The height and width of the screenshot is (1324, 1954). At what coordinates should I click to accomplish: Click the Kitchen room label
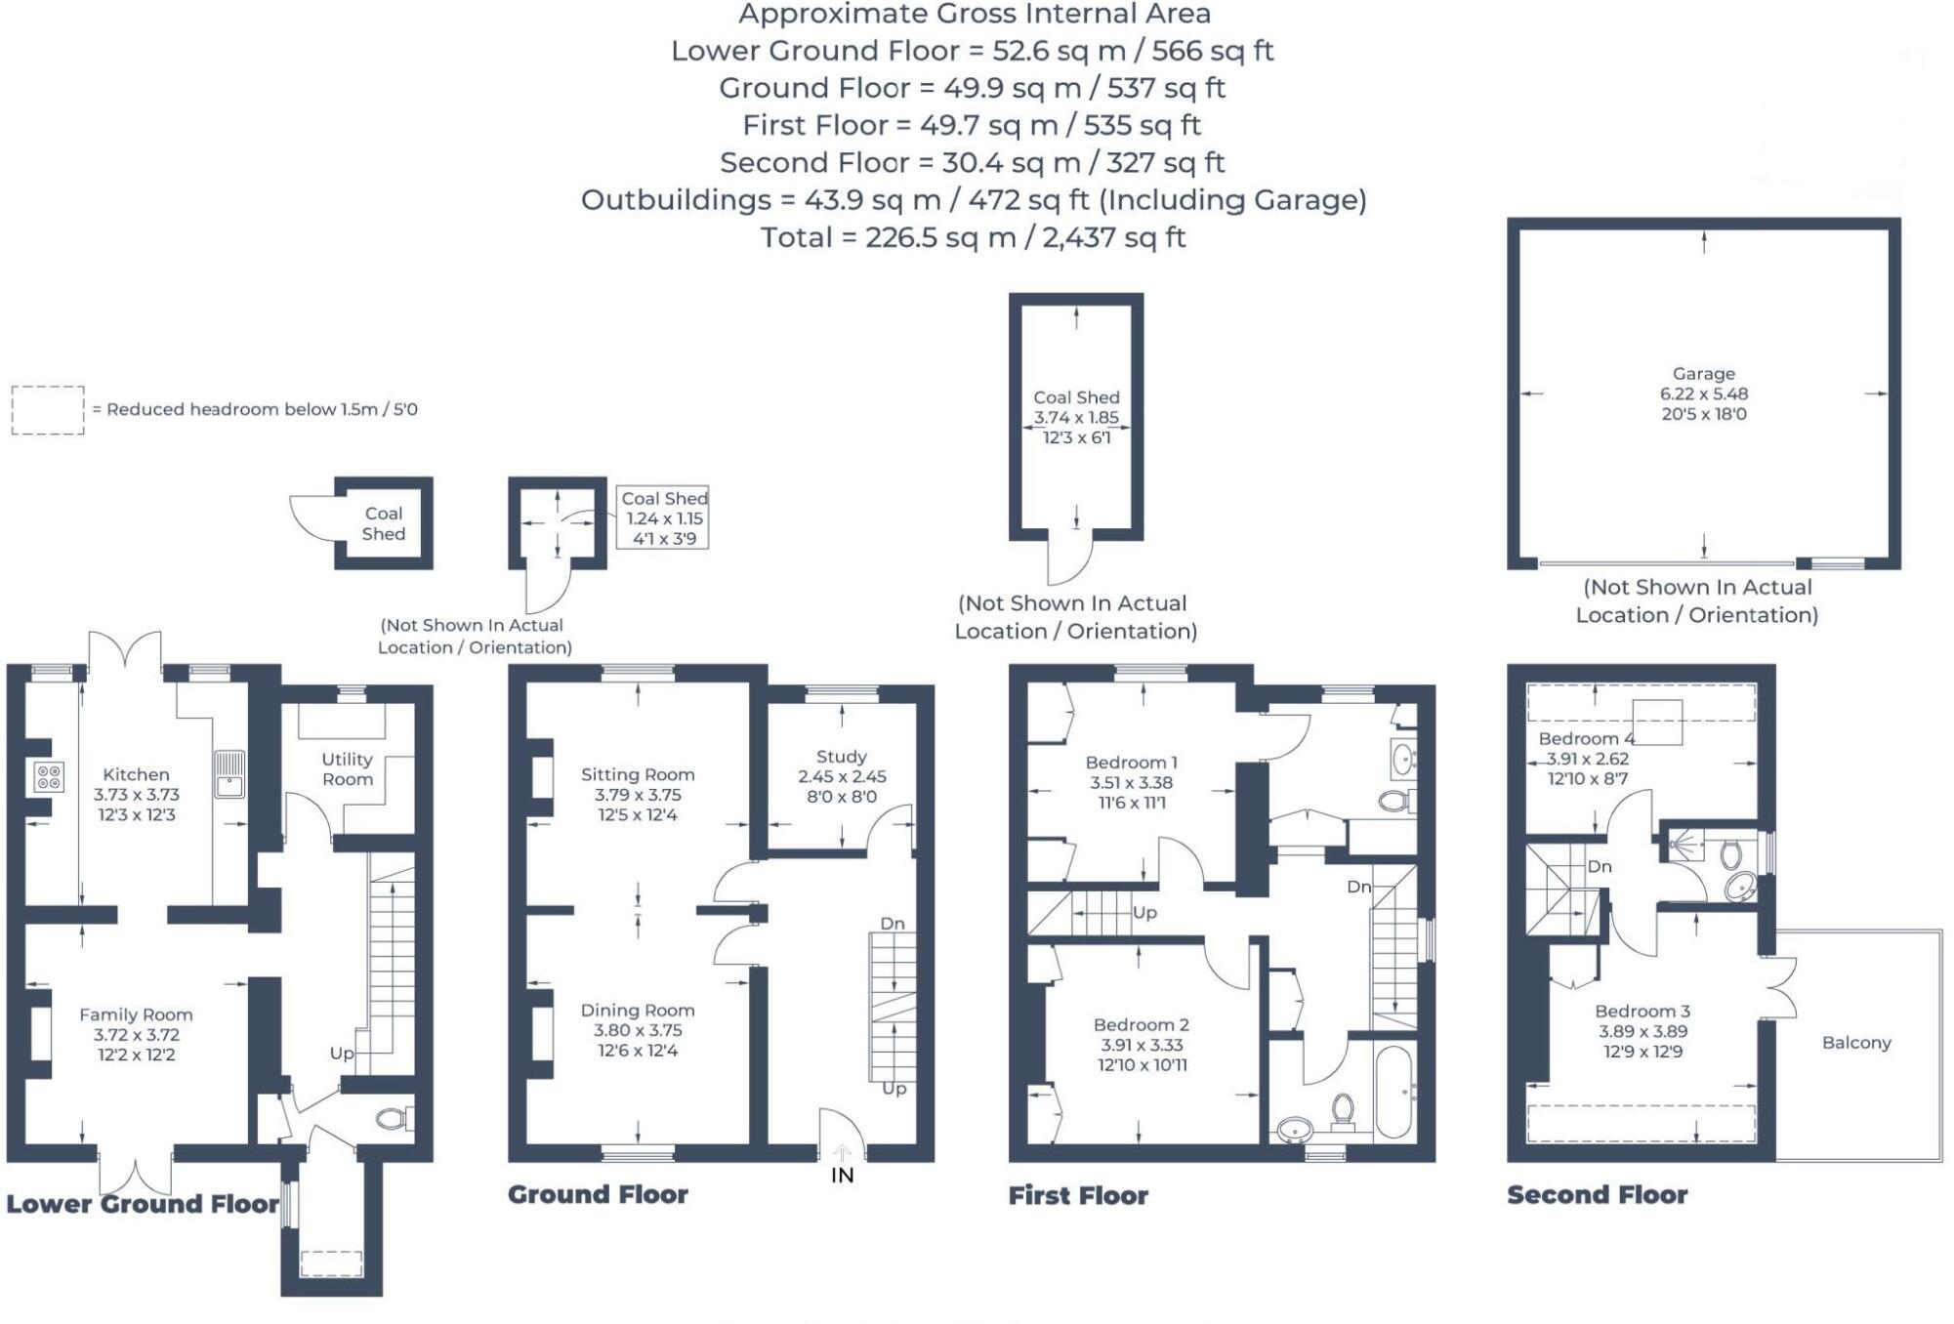point(136,774)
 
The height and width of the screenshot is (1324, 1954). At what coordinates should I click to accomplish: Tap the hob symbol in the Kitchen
point(49,777)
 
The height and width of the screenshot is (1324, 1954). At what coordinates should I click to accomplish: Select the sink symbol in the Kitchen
point(230,773)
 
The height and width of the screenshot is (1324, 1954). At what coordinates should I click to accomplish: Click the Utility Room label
point(347,768)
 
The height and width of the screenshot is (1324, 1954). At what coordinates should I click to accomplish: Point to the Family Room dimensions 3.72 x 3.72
point(136,1035)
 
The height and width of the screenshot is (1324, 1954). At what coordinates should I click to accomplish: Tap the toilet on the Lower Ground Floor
point(394,1118)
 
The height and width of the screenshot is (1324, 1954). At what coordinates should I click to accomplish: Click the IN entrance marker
point(842,1176)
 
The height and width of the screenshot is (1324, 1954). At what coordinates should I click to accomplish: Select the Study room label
point(841,757)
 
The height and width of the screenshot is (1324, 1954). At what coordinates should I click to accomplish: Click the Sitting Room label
point(638,774)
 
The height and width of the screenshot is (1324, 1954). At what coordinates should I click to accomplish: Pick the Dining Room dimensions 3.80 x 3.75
point(638,1030)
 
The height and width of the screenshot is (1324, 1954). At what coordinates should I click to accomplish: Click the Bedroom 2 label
point(1141,1024)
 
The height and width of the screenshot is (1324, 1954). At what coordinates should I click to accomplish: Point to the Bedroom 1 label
point(1131,763)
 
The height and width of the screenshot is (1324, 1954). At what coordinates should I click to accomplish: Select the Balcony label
point(1855,1043)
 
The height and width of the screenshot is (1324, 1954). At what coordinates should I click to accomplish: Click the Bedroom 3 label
point(1642,1012)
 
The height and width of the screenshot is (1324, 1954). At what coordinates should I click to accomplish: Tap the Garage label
point(1703,374)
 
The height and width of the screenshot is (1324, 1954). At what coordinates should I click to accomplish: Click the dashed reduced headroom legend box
point(48,410)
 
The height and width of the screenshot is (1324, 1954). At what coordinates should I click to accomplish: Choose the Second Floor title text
point(1597,1195)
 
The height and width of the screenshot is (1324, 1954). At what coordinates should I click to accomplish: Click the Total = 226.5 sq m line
point(973,237)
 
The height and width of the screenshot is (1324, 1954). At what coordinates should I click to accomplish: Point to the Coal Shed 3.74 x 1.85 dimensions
point(1076,418)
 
